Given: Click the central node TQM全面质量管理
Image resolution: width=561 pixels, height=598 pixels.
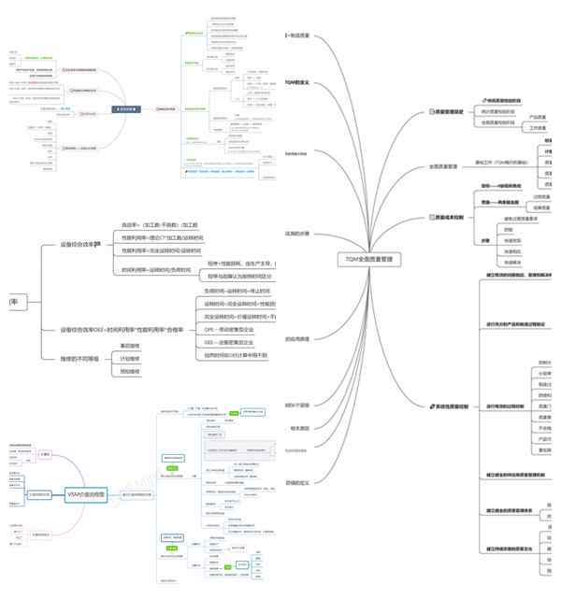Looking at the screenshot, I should pyautogui.click(x=368, y=257).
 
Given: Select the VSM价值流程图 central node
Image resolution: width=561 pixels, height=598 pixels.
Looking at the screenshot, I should pyautogui.click(x=87, y=493).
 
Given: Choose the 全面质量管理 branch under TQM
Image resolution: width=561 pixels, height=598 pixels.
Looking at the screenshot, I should pyautogui.click(x=443, y=166).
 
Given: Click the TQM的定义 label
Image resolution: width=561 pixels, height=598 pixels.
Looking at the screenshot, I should pyautogui.click(x=297, y=82).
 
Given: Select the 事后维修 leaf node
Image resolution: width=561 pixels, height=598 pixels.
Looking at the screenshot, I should pyautogui.click(x=130, y=345).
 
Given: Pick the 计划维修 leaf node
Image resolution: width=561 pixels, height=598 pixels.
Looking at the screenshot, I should pyautogui.click(x=130, y=358).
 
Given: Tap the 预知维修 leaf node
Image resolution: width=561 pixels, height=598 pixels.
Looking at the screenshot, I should pyautogui.click(x=130, y=371).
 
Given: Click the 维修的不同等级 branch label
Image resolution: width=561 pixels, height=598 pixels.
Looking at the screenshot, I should pyautogui.click(x=79, y=358).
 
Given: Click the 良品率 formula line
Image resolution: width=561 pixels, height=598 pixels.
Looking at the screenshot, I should pyautogui.click(x=160, y=225).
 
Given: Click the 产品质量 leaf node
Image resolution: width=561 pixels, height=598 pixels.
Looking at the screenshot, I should pyautogui.click(x=539, y=117).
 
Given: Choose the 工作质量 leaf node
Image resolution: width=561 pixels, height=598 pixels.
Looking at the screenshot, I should pyautogui.click(x=539, y=127).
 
